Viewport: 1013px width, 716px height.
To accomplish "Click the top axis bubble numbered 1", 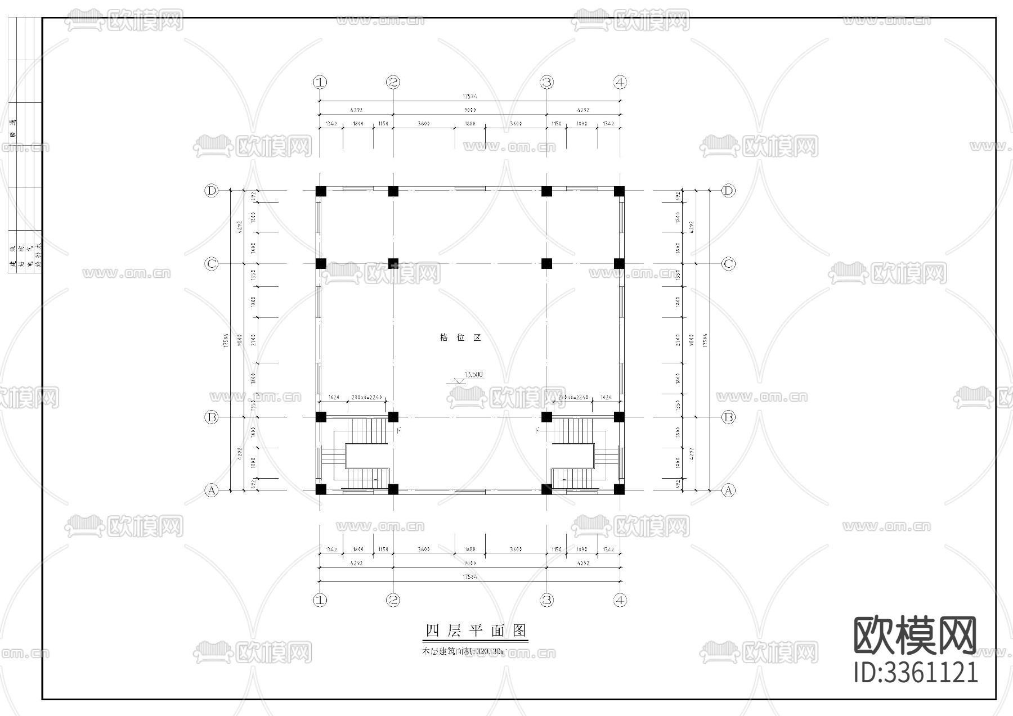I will click(320, 82).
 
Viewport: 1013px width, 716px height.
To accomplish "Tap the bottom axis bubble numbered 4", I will click(620, 600).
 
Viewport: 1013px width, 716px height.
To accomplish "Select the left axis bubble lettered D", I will click(211, 191).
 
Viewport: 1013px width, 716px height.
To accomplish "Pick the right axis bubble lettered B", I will click(728, 417).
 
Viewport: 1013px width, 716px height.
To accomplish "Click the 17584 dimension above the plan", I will click(470, 97).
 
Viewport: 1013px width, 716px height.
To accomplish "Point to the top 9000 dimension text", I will click(470, 110).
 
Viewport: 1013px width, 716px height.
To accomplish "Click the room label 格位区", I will click(460, 337).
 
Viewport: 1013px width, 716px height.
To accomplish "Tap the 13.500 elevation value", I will click(473, 375).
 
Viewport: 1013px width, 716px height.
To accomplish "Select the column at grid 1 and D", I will click(320, 191).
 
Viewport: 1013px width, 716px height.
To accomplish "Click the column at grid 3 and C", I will click(546, 263).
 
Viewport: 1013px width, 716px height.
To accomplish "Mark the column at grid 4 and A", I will click(619, 489).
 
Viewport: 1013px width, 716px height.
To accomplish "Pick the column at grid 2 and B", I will click(393, 417).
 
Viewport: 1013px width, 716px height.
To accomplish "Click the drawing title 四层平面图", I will click(475, 631).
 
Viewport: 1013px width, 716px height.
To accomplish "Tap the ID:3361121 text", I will click(916, 673).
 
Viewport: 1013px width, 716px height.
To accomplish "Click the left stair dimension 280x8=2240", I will click(366, 398).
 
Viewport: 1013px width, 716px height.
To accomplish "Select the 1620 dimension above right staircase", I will click(606, 398).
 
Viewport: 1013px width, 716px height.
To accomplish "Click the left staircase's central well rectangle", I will click(367, 456).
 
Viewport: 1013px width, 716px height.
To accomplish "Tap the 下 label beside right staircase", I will click(537, 430).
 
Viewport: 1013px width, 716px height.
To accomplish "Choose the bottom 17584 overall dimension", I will click(470, 577).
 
